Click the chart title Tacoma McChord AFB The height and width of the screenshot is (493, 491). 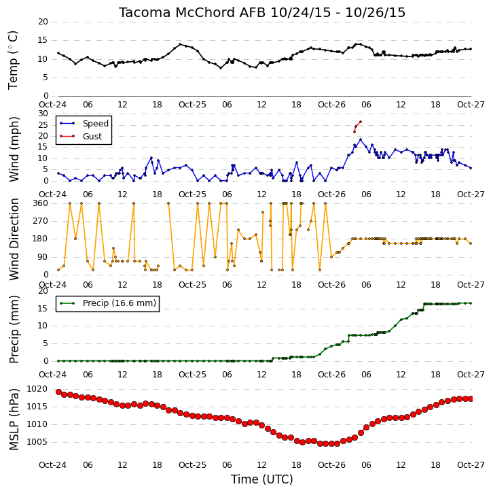[x=192, y=12]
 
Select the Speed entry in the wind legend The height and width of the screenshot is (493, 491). [x=96, y=124]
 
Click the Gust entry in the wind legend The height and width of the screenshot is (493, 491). [x=92, y=137]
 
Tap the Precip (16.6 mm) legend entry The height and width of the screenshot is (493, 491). [x=120, y=303]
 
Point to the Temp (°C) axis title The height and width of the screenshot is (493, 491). [x=13, y=60]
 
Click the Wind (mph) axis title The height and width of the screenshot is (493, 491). [x=14, y=149]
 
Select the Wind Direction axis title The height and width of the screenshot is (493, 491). [x=14, y=239]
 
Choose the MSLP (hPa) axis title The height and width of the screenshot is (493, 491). [x=14, y=420]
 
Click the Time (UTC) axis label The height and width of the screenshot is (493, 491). [x=262, y=479]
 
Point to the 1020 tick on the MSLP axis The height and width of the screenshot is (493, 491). [x=37, y=389]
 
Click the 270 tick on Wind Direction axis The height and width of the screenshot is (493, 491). [x=41, y=221]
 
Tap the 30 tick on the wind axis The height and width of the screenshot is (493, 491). [x=43, y=114]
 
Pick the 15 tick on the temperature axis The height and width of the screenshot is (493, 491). [x=43, y=40]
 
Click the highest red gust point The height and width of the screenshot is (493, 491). [x=361, y=122]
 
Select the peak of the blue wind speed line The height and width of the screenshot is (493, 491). [x=361, y=139]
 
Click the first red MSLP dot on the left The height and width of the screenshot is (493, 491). [x=58, y=392]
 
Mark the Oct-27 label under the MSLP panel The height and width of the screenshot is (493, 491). [x=471, y=465]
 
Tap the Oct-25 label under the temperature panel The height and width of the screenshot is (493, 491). [x=192, y=105]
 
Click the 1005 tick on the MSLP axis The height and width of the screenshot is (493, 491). [x=37, y=442]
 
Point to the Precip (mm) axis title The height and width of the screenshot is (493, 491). [x=14, y=329]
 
